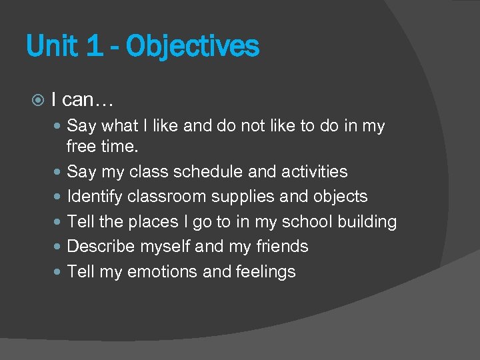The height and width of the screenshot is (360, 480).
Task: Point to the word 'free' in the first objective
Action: coord(82,146)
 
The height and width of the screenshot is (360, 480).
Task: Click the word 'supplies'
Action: coord(249,197)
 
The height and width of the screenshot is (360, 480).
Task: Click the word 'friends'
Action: coord(282,247)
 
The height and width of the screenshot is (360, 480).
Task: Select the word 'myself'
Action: coord(166,247)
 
